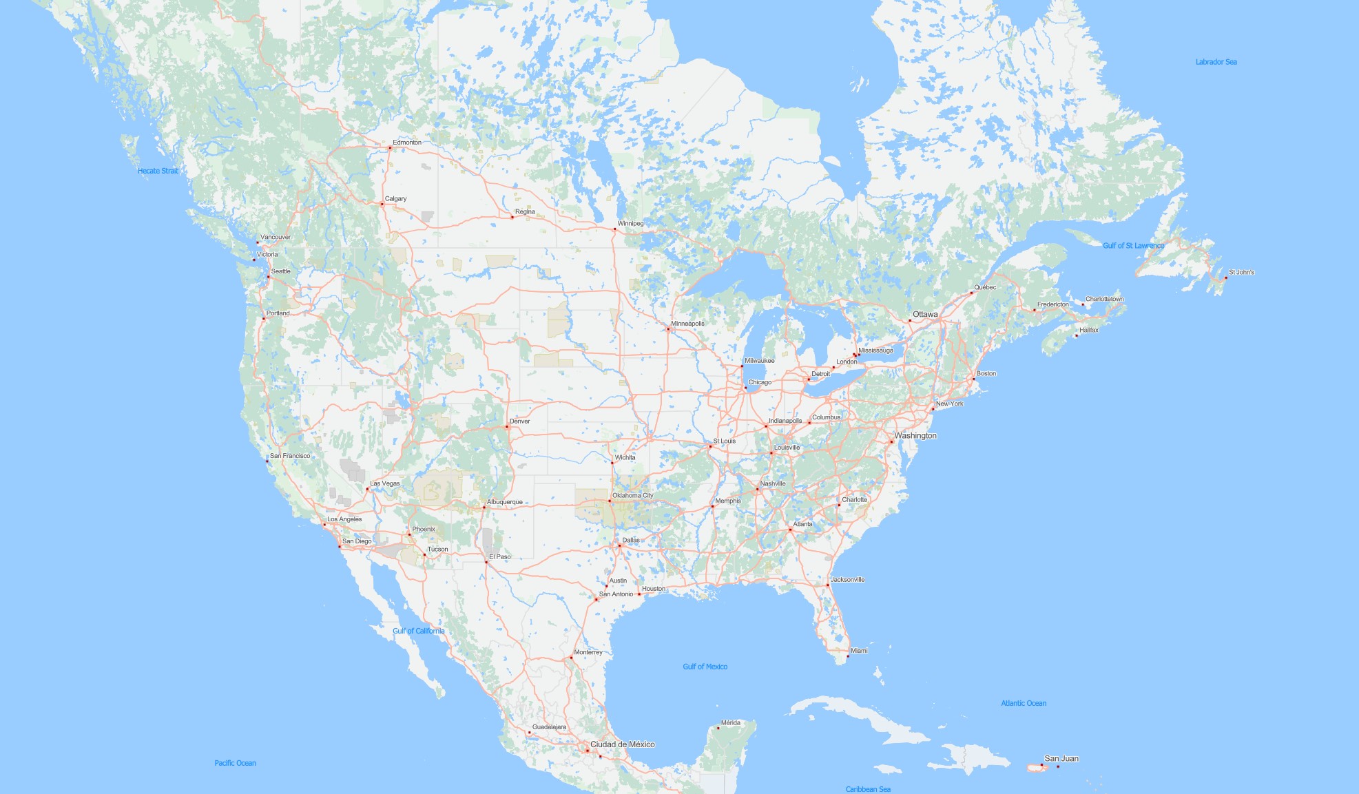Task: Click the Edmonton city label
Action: point(407,143)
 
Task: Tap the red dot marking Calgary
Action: point(382,204)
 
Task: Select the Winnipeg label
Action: point(630,223)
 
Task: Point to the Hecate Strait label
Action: point(158,171)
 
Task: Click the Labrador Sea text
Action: point(1216,62)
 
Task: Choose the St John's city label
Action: point(1241,272)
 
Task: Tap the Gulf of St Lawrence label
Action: point(1133,245)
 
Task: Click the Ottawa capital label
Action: point(925,314)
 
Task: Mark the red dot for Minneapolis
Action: point(668,329)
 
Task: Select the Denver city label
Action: point(519,421)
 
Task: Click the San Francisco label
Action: point(290,456)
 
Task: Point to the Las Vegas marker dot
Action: point(367,489)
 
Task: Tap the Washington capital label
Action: point(915,435)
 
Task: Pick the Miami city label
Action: point(859,650)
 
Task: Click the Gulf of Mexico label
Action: point(705,666)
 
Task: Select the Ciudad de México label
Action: point(622,744)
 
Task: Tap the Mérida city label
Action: point(730,722)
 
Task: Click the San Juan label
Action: point(1061,758)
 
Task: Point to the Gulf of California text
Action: point(418,631)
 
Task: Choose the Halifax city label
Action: point(1089,330)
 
